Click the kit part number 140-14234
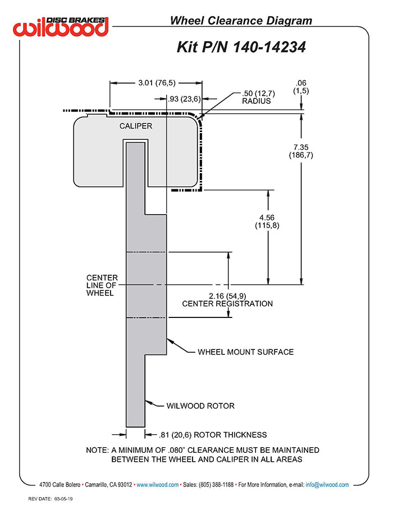click(x=241, y=47)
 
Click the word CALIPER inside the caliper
click(x=135, y=126)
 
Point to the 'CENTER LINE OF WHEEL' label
click(x=102, y=285)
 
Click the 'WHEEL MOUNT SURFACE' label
click(x=245, y=352)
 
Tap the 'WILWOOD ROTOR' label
click(x=200, y=406)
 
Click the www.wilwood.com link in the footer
click(x=158, y=484)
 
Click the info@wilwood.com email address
click(x=327, y=484)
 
